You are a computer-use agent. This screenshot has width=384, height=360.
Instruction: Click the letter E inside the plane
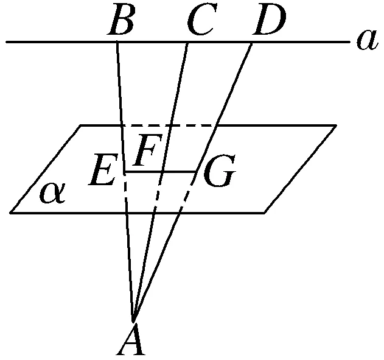tap(102, 172)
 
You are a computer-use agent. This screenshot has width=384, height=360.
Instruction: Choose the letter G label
tap(218, 174)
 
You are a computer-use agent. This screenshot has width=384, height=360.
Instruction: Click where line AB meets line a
tap(117, 42)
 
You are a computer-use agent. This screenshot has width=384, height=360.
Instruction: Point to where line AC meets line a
tap(187, 42)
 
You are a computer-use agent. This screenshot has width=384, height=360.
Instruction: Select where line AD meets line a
tap(252, 42)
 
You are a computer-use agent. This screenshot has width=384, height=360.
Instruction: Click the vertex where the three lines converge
tap(133, 319)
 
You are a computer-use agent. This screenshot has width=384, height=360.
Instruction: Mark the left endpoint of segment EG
tap(125, 172)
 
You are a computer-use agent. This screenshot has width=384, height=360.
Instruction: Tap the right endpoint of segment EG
tap(195, 172)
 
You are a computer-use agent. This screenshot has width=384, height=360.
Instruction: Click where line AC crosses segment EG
tap(161, 172)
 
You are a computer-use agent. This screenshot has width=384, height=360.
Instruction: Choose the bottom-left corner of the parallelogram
tap(10, 213)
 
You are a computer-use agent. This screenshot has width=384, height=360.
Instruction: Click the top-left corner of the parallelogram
tap(81, 125)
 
